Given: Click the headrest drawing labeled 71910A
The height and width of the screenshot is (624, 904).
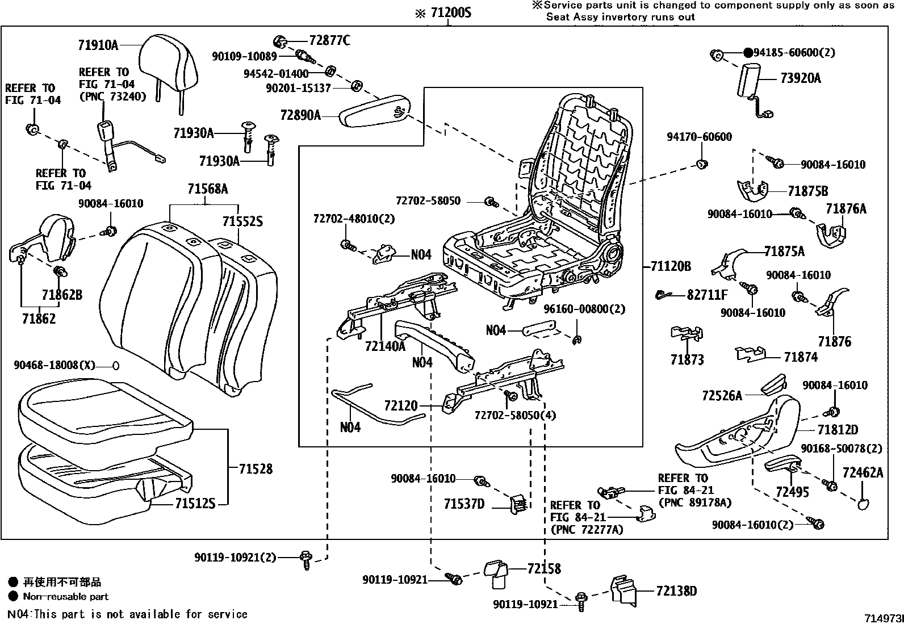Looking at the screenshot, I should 169,62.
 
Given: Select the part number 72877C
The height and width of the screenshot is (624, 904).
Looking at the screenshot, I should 329,40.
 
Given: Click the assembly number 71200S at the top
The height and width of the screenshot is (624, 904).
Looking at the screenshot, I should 451,12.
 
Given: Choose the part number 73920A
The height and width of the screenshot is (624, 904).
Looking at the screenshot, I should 801,78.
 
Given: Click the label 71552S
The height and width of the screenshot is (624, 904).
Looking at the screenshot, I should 242,221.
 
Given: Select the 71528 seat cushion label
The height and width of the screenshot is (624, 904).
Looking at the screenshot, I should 256,469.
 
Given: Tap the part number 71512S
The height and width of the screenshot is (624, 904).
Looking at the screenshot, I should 195,504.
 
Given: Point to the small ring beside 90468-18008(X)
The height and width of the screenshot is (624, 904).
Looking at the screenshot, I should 115,365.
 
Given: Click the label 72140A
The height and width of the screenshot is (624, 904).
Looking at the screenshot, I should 385,345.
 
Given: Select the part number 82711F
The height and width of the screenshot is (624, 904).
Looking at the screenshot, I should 707,295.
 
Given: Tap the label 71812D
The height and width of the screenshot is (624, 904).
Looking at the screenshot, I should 838,430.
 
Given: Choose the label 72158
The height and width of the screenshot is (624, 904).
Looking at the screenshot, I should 543,568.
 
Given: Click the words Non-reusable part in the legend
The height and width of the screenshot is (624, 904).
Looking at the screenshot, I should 65,597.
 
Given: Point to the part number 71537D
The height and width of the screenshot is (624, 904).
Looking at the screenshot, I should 464,504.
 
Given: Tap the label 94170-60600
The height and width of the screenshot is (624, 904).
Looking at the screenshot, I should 699,137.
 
